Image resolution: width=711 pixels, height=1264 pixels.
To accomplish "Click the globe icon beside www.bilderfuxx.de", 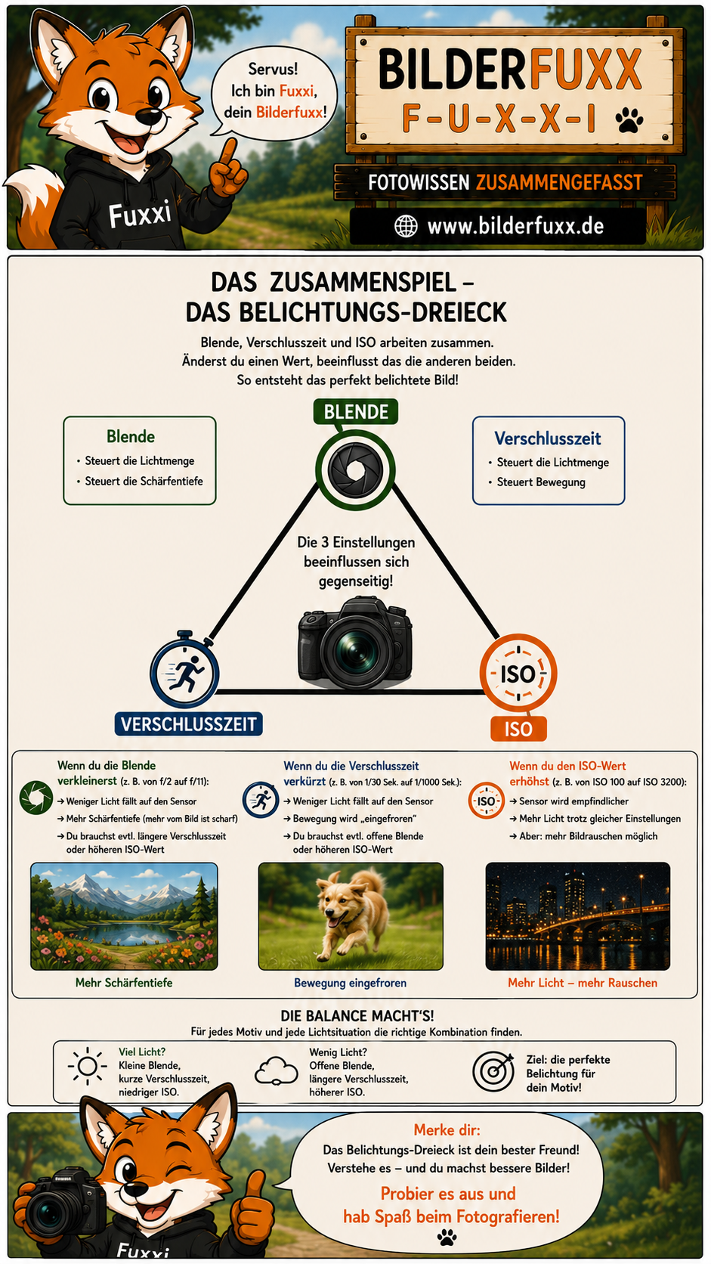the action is tap(406, 226).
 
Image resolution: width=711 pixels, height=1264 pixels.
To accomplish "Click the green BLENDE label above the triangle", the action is tap(356, 411).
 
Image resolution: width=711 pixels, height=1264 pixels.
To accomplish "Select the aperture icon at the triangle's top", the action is tap(355, 469).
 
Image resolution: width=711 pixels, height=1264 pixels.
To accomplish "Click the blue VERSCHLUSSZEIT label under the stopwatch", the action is tap(188, 724).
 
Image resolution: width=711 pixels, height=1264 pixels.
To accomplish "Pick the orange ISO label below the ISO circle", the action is tap(518, 729).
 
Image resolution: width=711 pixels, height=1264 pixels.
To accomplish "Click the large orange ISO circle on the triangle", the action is tap(518, 673).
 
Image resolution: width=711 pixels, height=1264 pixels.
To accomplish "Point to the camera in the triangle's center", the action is tap(355, 643).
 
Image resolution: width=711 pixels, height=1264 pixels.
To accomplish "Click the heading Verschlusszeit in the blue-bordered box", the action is tap(548, 438).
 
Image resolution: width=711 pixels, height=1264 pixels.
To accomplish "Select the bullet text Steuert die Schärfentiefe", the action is tap(144, 482).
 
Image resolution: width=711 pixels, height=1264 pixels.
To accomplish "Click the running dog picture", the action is tap(351, 916).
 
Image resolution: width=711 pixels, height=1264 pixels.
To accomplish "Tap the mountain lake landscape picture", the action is tap(124, 916).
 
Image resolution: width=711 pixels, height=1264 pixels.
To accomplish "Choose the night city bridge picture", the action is tap(578, 916).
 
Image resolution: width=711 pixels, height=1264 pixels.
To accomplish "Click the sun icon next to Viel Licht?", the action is tap(88, 1066).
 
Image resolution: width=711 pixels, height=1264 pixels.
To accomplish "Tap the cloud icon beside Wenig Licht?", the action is tap(277, 1070).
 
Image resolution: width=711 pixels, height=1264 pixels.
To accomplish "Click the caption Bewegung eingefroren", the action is tap(350, 983).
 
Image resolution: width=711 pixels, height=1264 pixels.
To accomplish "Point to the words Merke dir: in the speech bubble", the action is tap(447, 1129).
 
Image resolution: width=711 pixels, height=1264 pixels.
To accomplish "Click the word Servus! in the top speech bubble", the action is tap(273, 69).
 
